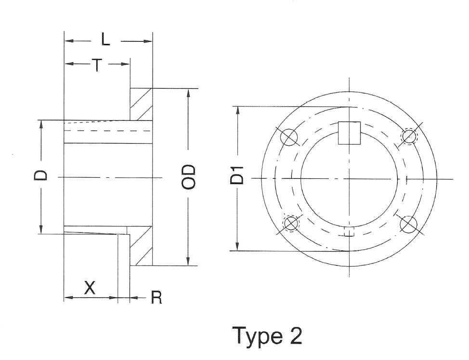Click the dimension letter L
pos(105,40)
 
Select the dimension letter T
pos(97,64)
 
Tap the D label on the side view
pos(41,174)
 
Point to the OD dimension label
pos(189,176)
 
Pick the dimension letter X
pos(90,288)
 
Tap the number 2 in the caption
pos(295,335)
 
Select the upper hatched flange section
pos(141,104)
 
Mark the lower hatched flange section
pos(141,246)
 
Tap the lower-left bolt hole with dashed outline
pos(291,223)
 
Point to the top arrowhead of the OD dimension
pos(188,93)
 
